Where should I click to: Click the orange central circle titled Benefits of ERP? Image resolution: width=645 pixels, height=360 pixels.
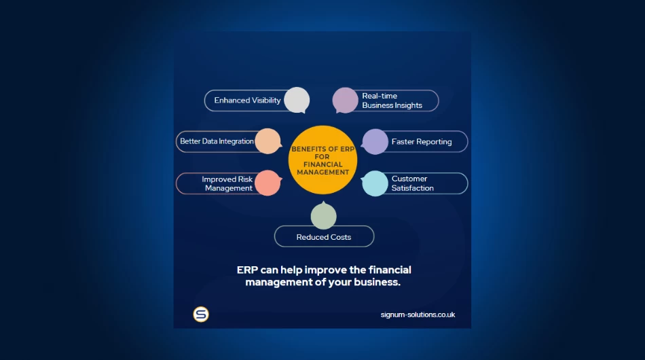point(322,160)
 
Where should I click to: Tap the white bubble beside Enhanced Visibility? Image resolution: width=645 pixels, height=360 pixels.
point(297,100)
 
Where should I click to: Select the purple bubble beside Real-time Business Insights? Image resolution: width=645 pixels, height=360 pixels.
point(345,101)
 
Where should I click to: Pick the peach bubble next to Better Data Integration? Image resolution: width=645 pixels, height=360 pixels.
point(268,141)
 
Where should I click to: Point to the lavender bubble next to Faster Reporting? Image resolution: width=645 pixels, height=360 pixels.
point(375,141)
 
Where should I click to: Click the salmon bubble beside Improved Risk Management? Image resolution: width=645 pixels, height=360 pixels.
point(268,183)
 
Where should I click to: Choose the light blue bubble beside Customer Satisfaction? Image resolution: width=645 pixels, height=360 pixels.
point(375,183)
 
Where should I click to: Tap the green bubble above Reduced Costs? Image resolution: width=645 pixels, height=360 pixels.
point(323,216)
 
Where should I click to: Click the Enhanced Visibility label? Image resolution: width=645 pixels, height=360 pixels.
point(247,101)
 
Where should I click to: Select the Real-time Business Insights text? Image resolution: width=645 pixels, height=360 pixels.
point(392,101)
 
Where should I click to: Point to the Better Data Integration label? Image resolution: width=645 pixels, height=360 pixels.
point(217,141)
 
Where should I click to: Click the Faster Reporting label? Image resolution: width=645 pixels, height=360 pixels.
point(421,142)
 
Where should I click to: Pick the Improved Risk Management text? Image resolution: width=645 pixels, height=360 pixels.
point(227,183)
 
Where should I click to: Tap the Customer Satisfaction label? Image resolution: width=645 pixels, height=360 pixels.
point(412,183)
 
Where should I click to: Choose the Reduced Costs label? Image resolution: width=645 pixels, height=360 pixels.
point(324,237)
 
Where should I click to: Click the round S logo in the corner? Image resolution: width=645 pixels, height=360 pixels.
point(201,314)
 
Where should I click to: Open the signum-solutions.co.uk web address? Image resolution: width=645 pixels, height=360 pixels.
point(418,314)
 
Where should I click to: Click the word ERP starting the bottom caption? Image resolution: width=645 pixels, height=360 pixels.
point(246,270)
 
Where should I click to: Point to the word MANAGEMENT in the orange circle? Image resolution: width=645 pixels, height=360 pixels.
point(323,173)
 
